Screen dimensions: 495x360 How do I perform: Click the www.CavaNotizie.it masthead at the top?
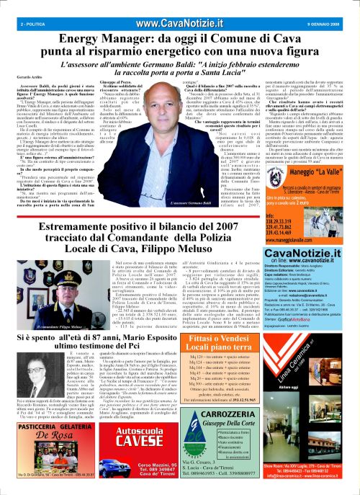click(x=179, y=6)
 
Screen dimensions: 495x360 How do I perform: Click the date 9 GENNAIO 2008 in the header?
click(x=336, y=6)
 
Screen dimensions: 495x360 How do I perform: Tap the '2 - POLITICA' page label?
click(x=15, y=6)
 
